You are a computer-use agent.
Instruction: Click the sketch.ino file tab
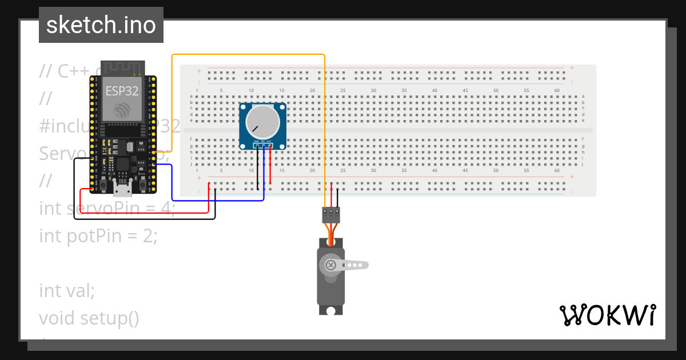coord(101,25)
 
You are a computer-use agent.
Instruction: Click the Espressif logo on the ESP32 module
coord(122,110)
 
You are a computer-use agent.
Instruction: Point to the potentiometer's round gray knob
coord(262,122)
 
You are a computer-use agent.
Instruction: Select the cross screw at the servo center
coord(330,265)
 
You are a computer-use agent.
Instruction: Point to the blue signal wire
coord(217,201)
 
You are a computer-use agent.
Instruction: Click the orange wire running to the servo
coord(249,55)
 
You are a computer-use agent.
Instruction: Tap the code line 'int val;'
coord(67,290)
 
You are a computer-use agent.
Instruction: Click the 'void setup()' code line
coord(89,318)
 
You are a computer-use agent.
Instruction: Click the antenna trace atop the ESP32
coord(122,68)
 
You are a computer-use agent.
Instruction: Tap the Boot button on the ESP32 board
coord(141,183)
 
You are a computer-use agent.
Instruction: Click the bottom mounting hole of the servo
coord(331,310)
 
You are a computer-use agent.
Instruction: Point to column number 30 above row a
coord(373,90)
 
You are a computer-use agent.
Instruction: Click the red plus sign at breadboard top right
coord(571,67)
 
